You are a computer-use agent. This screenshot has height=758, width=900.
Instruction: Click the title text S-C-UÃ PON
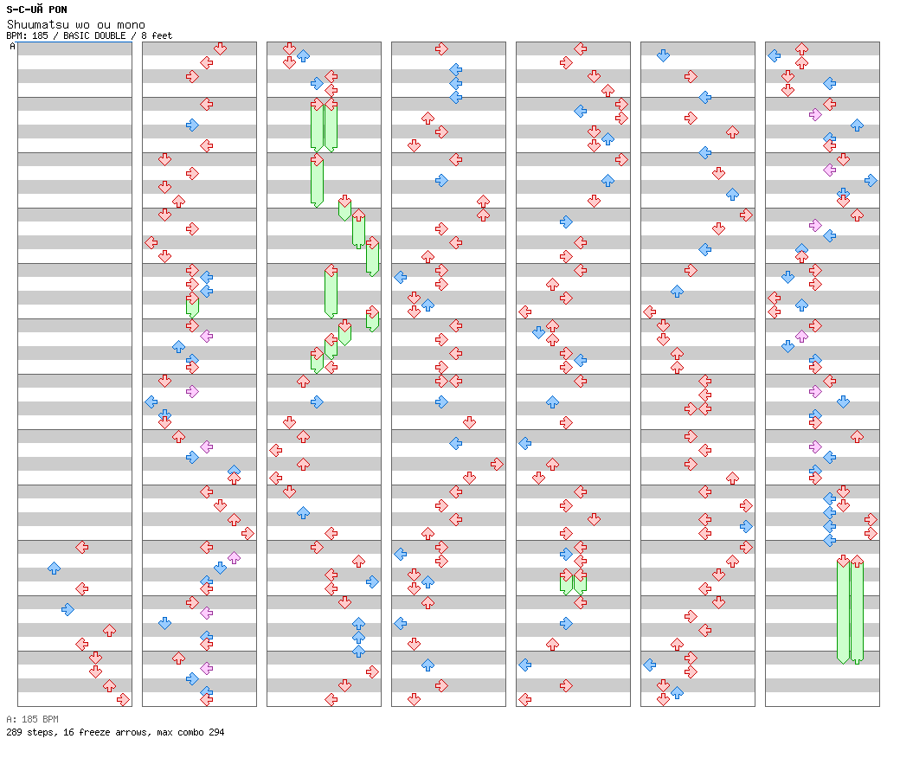click(x=36, y=10)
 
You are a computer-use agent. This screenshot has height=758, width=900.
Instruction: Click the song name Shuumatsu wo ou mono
click(x=76, y=24)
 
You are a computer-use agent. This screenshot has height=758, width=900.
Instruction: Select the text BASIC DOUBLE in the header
click(x=96, y=35)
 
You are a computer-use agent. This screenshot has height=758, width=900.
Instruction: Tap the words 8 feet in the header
click(x=157, y=35)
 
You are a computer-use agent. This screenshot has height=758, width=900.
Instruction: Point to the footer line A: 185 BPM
click(x=32, y=719)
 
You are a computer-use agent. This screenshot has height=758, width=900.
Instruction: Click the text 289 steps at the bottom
click(x=26, y=732)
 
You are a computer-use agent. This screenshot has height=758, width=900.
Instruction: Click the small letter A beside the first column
click(x=12, y=47)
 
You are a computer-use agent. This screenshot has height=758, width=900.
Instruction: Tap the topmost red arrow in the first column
click(x=81, y=547)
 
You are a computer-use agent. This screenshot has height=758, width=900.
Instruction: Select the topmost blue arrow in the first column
click(x=54, y=568)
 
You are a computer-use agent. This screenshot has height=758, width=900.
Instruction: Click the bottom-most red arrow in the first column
click(x=123, y=699)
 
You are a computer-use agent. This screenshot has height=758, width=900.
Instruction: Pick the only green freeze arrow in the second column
click(x=192, y=305)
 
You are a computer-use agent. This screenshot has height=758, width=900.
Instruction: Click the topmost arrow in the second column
click(x=220, y=48)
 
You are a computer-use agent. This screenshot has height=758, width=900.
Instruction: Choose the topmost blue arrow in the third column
click(x=303, y=55)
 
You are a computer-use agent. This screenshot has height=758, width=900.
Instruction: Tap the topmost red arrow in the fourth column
click(x=441, y=48)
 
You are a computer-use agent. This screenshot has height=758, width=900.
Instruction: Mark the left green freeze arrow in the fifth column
click(x=566, y=581)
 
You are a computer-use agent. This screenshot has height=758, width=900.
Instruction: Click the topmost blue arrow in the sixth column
click(x=663, y=55)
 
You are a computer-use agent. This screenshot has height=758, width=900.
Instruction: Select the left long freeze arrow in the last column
click(x=843, y=609)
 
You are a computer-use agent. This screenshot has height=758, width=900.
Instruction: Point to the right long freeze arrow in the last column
click(x=857, y=609)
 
